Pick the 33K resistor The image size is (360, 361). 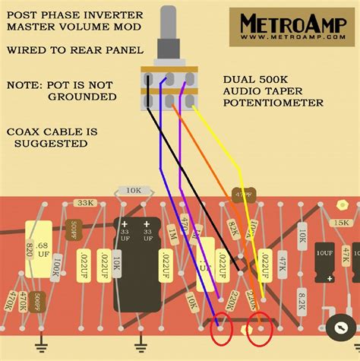[x=86, y=204]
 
